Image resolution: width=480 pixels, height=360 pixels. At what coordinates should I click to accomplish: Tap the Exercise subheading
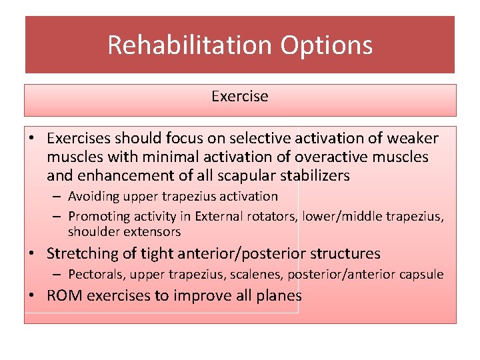coord(239,97)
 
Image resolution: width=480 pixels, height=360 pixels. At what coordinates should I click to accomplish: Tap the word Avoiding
coord(93,197)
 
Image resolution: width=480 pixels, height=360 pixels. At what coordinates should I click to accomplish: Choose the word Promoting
coord(98,215)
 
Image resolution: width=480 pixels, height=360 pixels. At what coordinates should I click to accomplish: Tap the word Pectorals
coord(97,275)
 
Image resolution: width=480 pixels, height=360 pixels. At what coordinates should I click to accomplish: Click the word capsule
coord(421,275)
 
